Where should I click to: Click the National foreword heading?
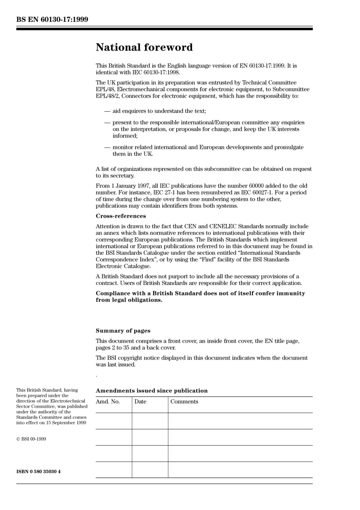pyautogui.click(x=144, y=47)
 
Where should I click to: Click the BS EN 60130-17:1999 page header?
pyautogui.click(x=52, y=19)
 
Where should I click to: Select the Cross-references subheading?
pyautogui.click(x=121, y=216)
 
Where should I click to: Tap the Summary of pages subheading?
pyautogui.click(x=123, y=331)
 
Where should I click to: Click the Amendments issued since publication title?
pyautogui.click(x=152, y=391)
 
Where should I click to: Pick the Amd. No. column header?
pyautogui.click(x=108, y=402)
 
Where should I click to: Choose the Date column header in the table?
pyautogui.click(x=140, y=402)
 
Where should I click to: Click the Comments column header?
pyautogui.click(x=184, y=402)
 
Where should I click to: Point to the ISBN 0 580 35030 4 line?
pyautogui.click(x=38, y=472)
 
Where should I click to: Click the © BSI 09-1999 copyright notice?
pyautogui.click(x=31, y=439)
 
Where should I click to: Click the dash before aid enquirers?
pyautogui.click(x=107, y=111)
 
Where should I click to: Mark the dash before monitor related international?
pyautogui.click(x=107, y=147)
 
